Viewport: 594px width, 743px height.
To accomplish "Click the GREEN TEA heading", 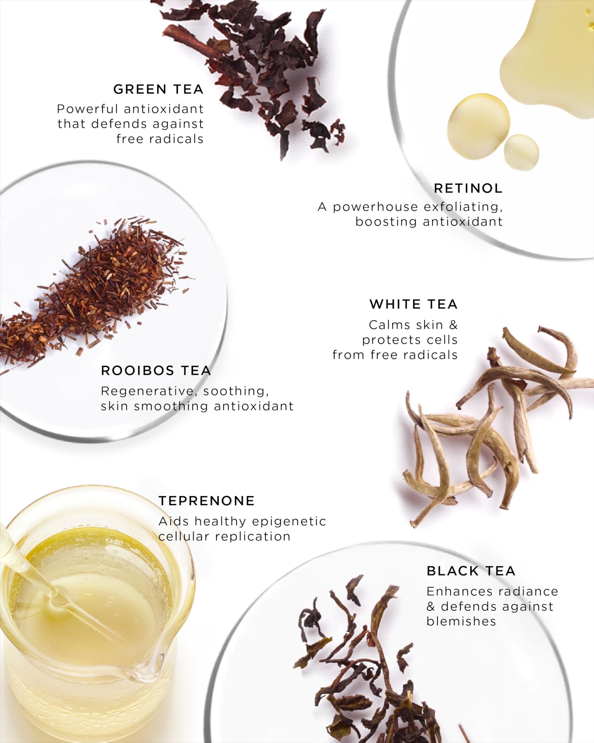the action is coord(158,89).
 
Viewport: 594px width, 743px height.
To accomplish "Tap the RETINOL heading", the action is coord(468,188).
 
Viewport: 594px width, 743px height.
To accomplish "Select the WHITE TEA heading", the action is coord(414,304).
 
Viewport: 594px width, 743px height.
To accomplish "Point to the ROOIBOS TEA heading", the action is coord(156,370).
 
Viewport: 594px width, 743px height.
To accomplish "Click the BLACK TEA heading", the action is coord(471,571).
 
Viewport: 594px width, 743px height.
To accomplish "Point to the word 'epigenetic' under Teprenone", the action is coord(289,521).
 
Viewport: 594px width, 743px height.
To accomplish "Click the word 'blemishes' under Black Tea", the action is coord(461,621).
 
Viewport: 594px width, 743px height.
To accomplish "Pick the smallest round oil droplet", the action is coord(521,152).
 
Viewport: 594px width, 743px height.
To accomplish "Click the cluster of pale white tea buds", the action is coord(496,424).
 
